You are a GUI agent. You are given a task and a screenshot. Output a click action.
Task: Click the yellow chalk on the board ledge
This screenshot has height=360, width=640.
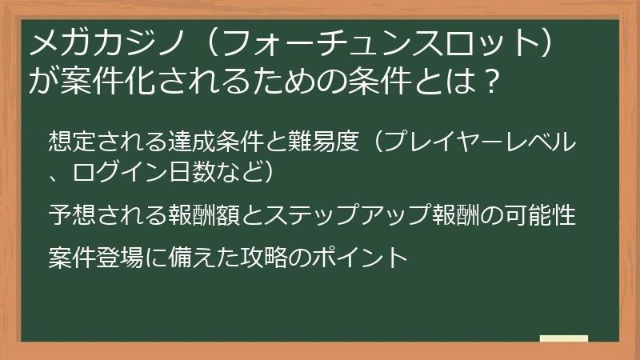coord(565,338)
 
